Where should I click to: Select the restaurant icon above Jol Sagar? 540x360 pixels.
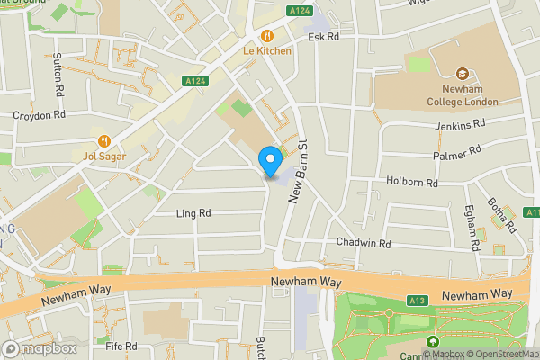104,140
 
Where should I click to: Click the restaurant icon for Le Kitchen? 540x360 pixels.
267,36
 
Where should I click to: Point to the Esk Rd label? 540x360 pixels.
323,38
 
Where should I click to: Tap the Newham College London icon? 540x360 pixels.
463,73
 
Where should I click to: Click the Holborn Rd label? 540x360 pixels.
413,183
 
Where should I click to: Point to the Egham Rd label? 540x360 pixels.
471,230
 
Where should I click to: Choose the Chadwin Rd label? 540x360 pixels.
364,243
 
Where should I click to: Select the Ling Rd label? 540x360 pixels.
193,213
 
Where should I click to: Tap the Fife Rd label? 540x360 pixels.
121,346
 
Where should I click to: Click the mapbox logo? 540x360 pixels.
39,348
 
